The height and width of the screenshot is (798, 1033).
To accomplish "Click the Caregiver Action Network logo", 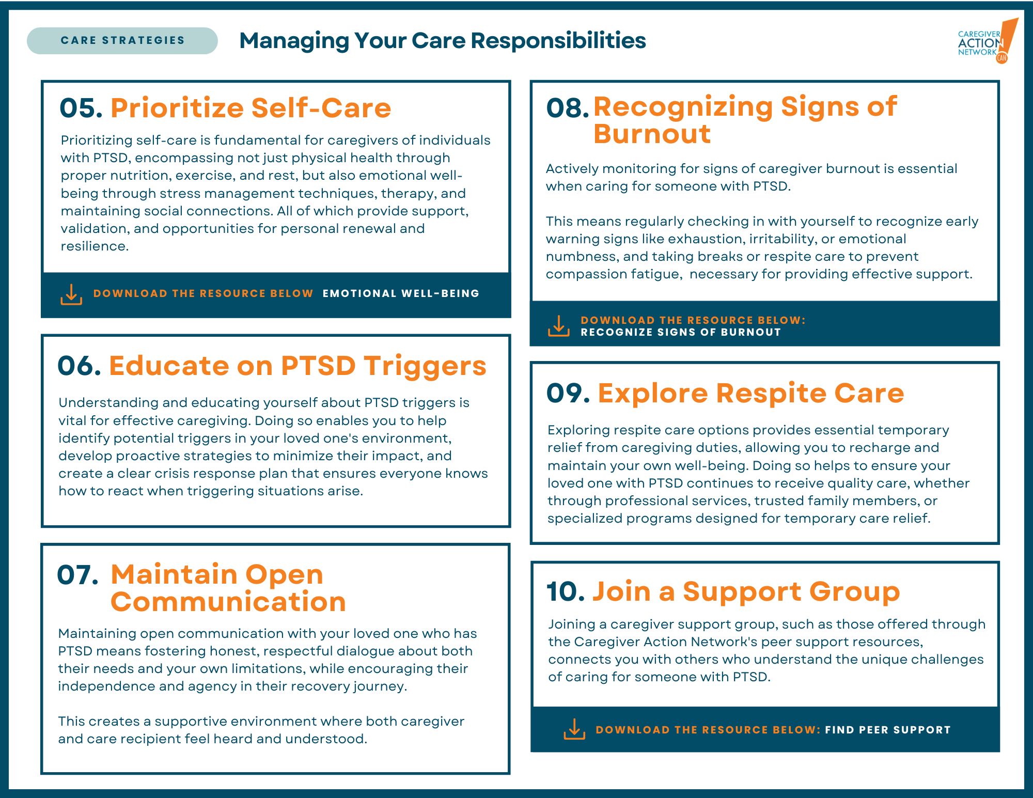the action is pos(988,41).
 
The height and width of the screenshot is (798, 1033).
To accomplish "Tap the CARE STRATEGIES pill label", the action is pos(122,40).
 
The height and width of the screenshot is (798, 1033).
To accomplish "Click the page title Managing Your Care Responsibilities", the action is pos(443,40).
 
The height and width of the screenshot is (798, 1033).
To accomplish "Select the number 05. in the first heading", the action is pos(81,108).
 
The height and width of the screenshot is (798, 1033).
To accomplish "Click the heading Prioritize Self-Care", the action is pos(251,108).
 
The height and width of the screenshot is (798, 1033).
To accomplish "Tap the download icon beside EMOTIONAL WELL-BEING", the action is pos(71,294).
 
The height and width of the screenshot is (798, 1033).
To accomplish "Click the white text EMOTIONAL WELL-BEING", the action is pos(401,293).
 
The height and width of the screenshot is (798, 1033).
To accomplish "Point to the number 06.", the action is pos(79,366).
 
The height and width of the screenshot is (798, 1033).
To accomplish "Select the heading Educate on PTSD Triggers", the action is pos(298,366).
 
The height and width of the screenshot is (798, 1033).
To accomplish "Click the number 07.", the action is pos(77,575).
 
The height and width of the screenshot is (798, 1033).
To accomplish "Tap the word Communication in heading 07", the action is pos(228,602).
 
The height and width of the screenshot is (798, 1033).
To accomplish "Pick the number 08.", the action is pos(568,108).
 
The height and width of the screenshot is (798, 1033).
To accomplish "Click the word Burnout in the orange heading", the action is pos(652,134).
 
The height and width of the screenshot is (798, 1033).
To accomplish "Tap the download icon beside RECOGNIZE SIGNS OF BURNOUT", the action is pos(558,326).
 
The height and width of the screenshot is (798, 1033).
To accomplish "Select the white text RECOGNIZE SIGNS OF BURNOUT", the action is pos(681,332).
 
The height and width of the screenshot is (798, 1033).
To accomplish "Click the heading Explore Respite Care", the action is pos(751,393).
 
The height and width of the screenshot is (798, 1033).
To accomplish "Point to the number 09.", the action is pos(568,393).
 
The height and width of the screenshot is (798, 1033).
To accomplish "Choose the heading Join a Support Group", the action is pos(746,591).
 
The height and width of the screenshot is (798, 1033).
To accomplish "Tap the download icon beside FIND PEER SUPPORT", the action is pos(574,729).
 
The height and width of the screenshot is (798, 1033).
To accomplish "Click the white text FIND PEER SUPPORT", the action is pos(888,730).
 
